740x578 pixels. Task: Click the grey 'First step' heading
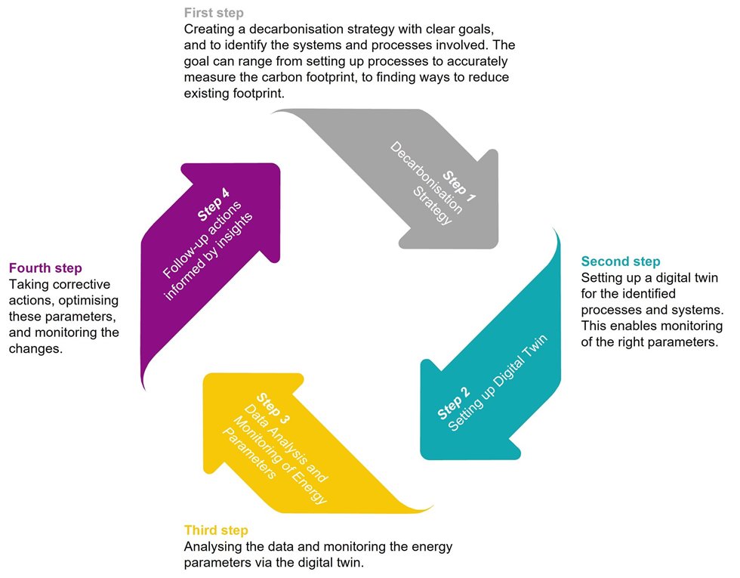214,13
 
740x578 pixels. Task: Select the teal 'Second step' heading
620,261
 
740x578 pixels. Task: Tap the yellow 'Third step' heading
216,530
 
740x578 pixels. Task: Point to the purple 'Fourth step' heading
45,268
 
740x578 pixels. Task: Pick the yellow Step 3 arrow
302,444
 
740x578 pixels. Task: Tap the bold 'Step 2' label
454,403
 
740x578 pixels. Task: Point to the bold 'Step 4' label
213,205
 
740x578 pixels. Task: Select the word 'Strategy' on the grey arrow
432,206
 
